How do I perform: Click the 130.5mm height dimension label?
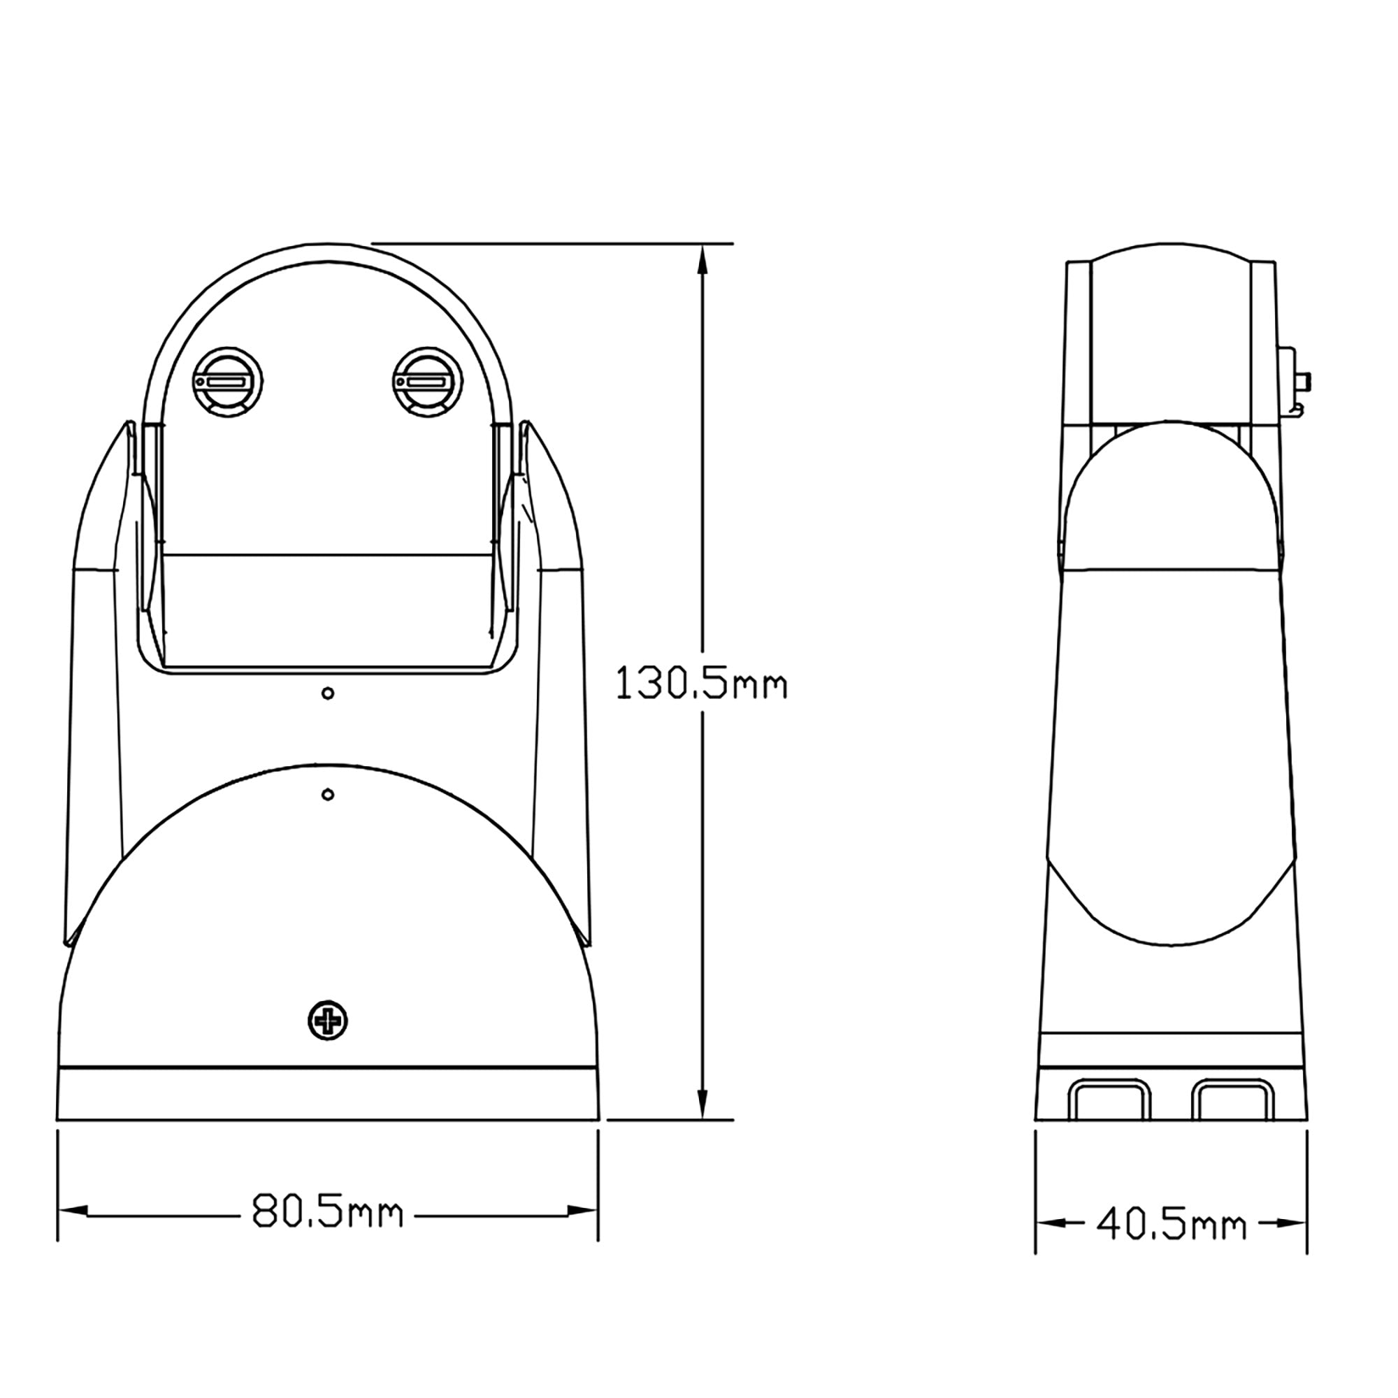click(701, 684)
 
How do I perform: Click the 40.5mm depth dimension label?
click(1172, 1225)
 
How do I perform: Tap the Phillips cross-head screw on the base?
click(328, 1021)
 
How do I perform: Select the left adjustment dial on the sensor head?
click(227, 383)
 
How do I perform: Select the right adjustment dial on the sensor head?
click(426, 383)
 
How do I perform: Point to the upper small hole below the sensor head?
click(328, 694)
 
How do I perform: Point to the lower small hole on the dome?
click(328, 795)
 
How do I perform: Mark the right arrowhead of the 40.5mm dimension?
click(1292, 1224)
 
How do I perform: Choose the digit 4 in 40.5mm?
click(1110, 1225)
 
